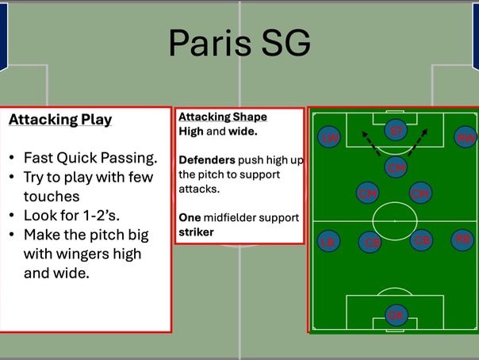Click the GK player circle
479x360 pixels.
click(396, 315)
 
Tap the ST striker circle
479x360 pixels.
click(397, 131)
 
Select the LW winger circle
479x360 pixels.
click(328, 138)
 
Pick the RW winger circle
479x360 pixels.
click(466, 138)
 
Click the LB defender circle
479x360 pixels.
click(328, 241)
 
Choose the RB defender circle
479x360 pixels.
click(462, 239)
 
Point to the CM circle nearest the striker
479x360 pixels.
click(396, 167)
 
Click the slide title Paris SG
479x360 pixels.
click(239, 44)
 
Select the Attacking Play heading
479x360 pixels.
click(60, 120)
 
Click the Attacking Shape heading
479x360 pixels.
click(223, 117)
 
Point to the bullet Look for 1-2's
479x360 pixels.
click(74, 216)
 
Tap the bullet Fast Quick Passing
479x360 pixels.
click(90, 157)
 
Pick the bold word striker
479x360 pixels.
click(196, 232)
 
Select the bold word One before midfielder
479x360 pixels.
click(190, 217)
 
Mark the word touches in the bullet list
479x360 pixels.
click(52, 196)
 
